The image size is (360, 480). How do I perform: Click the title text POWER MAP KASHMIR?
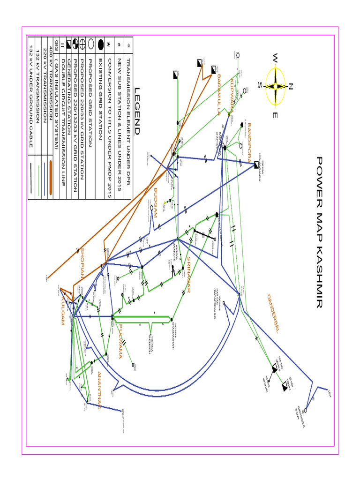[319, 232]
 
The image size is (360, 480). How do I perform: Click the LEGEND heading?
[137, 111]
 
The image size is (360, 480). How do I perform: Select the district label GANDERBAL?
[273, 314]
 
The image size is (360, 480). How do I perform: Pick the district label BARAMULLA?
[217, 94]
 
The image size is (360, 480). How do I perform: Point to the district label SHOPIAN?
[83, 262]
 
